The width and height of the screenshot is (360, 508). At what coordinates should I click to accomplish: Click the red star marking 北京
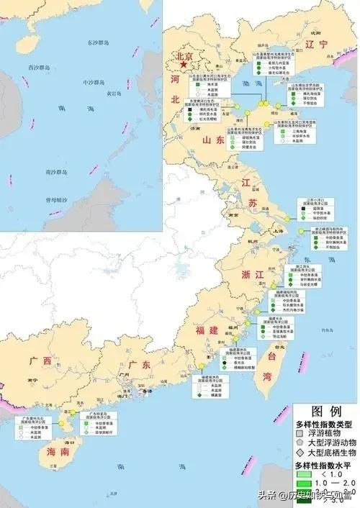(x=185, y=65)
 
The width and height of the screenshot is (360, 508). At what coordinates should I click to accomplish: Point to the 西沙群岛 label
(x=40, y=68)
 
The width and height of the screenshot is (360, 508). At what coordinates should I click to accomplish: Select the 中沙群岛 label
(x=94, y=81)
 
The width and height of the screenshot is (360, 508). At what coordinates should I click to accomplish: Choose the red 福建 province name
(x=206, y=330)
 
